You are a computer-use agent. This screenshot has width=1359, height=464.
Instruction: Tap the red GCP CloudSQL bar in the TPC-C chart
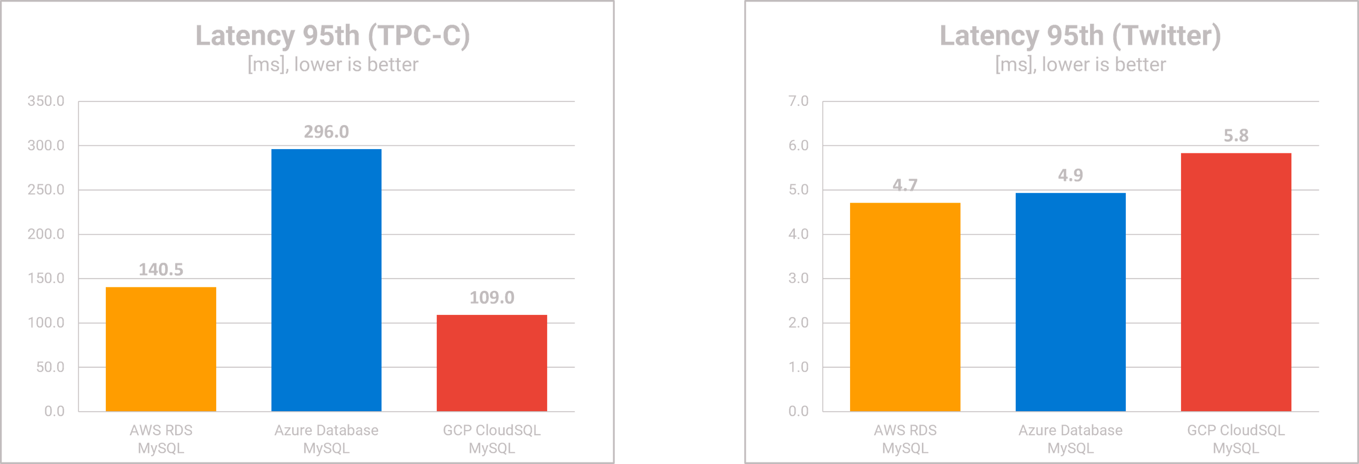tap(492, 363)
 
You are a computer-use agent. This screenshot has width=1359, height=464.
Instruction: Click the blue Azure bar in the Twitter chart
tap(1071, 301)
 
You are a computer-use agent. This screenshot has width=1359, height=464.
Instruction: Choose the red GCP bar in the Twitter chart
tap(1236, 282)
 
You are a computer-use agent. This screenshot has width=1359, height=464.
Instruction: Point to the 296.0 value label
tap(326, 132)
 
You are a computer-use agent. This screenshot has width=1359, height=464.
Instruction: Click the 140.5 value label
tap(160, 270)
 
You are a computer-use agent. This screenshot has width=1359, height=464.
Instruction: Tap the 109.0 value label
tap(492, 298)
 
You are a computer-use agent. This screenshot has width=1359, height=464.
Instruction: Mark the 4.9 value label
tap(1071, 175)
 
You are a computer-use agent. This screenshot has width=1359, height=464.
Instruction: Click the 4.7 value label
tap(905, 185)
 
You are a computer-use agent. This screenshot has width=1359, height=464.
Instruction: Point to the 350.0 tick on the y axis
tap(46, 101)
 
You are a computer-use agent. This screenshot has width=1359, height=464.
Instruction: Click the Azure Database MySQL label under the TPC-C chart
tap(326, 439)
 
